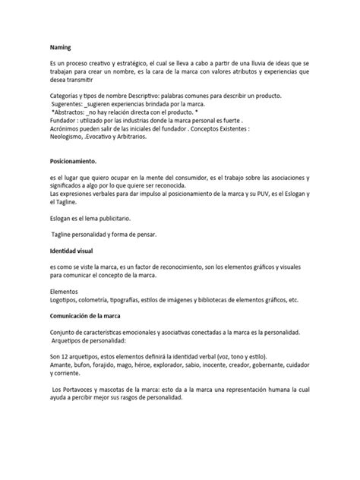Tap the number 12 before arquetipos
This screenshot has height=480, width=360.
tap(65, 355)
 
